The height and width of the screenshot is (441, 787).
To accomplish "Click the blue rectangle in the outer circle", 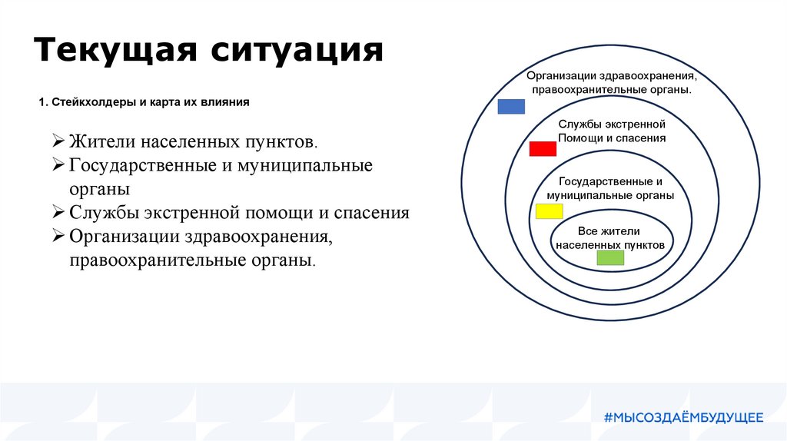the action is [511, 106].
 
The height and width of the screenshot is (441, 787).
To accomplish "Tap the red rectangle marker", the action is [543, 148].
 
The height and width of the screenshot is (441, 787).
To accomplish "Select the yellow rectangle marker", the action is [549, 211].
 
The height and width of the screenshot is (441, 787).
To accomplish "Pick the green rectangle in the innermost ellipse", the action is [610, 258].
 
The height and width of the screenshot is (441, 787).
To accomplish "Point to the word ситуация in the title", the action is [297, 50].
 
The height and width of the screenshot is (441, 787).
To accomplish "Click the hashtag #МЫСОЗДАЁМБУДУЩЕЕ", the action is [683, 417].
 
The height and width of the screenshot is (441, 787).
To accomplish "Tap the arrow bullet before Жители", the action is [58, 140].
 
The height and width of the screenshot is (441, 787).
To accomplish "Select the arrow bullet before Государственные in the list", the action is [58, 164].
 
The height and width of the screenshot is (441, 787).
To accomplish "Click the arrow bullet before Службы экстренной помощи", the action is [58, 211].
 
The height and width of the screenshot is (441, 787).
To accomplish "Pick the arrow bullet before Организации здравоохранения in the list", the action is [58, 235].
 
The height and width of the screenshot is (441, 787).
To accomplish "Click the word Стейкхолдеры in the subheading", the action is [94, 102].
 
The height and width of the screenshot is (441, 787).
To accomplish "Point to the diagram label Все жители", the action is [609, 231].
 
